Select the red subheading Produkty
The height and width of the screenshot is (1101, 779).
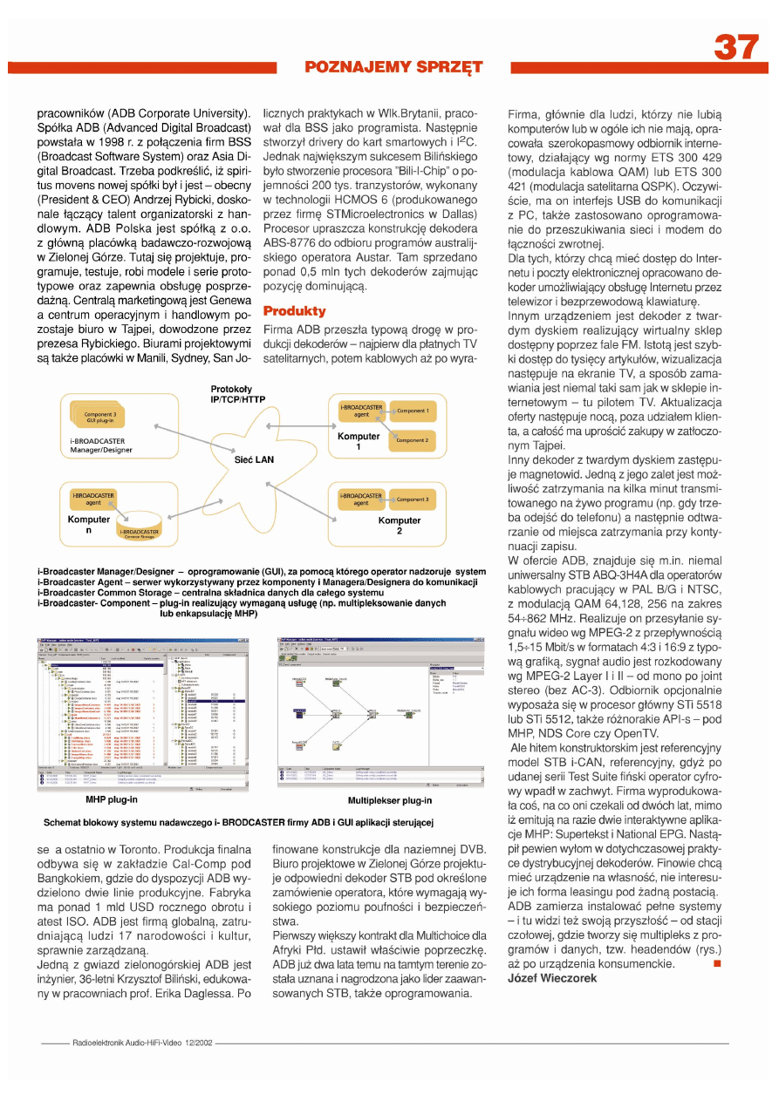(294, 311)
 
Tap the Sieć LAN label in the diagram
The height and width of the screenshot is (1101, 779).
(255, 459)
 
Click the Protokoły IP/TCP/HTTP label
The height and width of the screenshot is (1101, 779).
(238, 393)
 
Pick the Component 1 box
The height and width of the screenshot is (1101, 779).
(413, 411)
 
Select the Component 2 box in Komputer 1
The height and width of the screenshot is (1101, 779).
(412, 441)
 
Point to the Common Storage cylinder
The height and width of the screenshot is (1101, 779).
(139, 531)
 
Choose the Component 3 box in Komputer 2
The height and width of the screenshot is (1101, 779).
(413, 500)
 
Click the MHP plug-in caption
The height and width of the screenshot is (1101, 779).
(111, 799)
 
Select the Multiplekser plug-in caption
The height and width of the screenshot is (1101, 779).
(389, 799)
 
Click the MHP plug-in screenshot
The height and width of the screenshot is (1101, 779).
(143, 714)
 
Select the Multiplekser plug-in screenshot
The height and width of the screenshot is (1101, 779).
(379, 714)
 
